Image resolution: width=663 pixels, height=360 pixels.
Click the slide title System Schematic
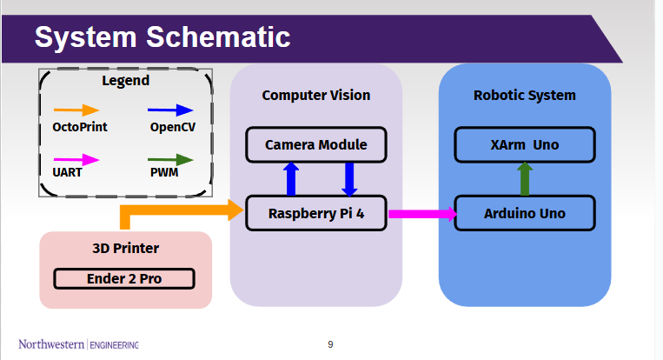(162, 37)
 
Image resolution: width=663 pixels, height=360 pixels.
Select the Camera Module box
(315, 144)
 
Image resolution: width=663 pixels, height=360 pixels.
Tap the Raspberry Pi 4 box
(315, 213)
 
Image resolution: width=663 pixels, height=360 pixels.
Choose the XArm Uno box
(525, 144)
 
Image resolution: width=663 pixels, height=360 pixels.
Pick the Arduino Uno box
(525, 213)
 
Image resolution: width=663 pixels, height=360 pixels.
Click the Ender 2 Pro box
(124, 279)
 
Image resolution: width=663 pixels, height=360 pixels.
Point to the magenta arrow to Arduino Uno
(421, 213)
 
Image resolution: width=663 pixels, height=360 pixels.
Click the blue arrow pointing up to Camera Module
(292, 178)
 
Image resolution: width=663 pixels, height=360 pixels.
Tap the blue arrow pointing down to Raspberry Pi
(349, 178)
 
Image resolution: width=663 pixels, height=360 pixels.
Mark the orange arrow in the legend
(76, 110)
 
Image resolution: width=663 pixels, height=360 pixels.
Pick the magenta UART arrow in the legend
(76, 160)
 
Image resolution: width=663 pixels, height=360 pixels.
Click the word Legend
(126, 81)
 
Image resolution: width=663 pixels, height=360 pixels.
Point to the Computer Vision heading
(315, 95)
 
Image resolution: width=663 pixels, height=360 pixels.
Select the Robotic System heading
(525, 95)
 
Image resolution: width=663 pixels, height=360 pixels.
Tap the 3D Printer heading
(126, 249)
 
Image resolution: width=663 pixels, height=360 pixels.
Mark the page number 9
(330, 344)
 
